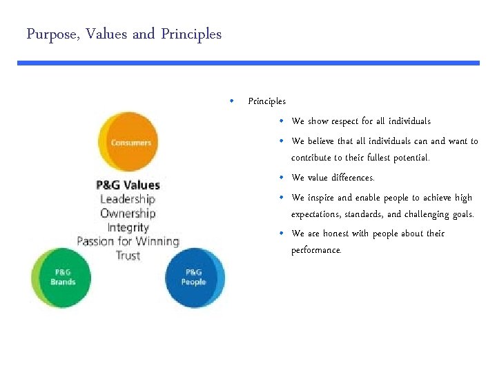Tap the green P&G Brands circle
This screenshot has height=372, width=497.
[x=63, y=277]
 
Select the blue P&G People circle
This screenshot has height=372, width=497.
[x=194, y=277]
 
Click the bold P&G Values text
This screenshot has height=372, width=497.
[x=128, y=185]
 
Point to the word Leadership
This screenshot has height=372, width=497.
[x=128, y=199]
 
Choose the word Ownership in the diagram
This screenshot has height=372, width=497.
[x=128, y=213]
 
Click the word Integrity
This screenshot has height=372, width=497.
[x=128, y=227]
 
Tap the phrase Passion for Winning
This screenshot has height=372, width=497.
[x=128, y=241]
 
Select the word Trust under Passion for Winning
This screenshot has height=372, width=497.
[x=128, y=256]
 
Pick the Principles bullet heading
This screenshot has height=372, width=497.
[x=266, y=101]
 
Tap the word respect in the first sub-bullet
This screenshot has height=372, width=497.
[x=348, y=121]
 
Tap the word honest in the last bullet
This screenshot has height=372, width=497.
[x=338, y=234]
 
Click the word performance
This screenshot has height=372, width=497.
[x=316, y=250]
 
